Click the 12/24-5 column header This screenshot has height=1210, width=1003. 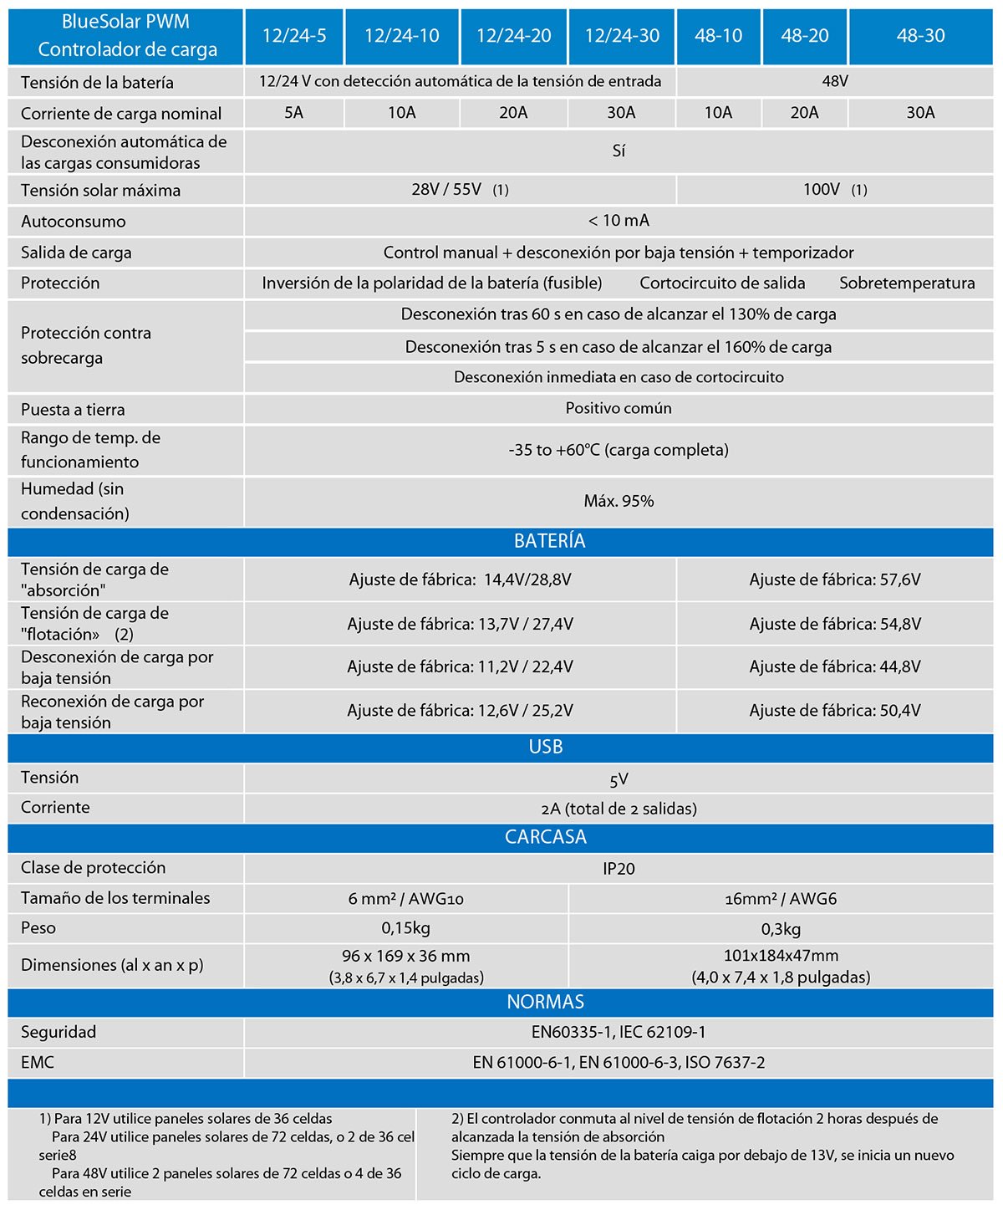pos(294,36)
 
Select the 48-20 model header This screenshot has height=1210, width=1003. pos(805,36)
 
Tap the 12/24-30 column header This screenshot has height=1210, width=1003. pos(622,36)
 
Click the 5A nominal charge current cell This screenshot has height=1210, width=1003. pos(293,113)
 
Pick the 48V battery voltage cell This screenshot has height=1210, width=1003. pos(835,82)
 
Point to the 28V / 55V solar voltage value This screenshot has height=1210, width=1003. pos(447,190)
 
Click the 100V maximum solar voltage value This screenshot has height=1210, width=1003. pos(822,190)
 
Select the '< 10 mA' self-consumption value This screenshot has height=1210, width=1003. pos(619,221)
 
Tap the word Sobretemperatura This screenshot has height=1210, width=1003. pos(907,283)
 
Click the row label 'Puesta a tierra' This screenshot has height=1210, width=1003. pos(73,410)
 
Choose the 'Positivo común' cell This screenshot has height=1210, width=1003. pos(619,408)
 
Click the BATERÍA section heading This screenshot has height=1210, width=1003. pos(549,541)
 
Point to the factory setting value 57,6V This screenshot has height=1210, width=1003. pos(835,579)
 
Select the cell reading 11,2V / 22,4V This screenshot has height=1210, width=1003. pos(460,666)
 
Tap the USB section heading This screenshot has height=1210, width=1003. pos(546,747)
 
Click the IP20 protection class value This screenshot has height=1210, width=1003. pos(619,869)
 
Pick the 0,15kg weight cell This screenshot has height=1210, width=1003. pos(405,928)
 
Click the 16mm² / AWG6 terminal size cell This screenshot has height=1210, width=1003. pos(781,899)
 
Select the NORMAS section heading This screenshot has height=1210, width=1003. pos(546,1002)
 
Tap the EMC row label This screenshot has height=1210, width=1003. pos(38,1063)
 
